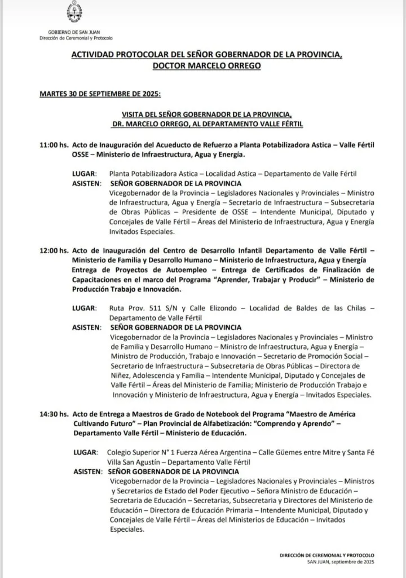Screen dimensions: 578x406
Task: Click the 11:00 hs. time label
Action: pos(54,145)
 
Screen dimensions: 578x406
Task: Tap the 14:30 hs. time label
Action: pos(54,414)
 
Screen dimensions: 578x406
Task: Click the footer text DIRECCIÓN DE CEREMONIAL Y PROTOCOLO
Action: pos(326,555)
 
